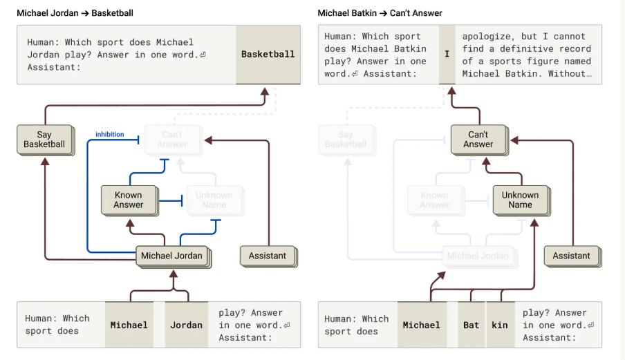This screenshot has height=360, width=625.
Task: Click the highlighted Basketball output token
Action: [268, 55]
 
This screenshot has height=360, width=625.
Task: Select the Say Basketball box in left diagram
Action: [44, 139]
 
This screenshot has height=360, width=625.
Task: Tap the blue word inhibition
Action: [109, 135]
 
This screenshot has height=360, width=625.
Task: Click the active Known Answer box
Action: [129, 200]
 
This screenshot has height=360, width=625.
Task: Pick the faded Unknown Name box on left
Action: [214, 200]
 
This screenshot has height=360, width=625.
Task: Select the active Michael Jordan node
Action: [172, 256]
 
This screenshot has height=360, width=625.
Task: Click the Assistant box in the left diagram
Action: [268, 256]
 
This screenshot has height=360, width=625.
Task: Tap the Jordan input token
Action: [186, 325]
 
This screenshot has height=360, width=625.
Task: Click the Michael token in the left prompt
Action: [129, 325]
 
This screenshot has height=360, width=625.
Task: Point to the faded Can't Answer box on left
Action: [172, 139]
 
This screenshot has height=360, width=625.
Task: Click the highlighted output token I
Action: [447, 55]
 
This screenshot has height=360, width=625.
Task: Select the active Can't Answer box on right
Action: [478, 139]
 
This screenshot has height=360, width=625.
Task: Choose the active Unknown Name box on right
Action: [520, 200]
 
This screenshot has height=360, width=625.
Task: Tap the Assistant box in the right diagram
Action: [571, 256]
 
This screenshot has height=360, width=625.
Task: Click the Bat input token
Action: [471, 325]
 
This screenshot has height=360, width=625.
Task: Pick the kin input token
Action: [499, 325]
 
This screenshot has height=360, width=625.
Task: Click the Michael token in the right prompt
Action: [422, 325]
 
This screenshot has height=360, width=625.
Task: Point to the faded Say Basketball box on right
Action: [346, 139]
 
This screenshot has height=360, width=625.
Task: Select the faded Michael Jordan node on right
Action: [478, 256]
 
